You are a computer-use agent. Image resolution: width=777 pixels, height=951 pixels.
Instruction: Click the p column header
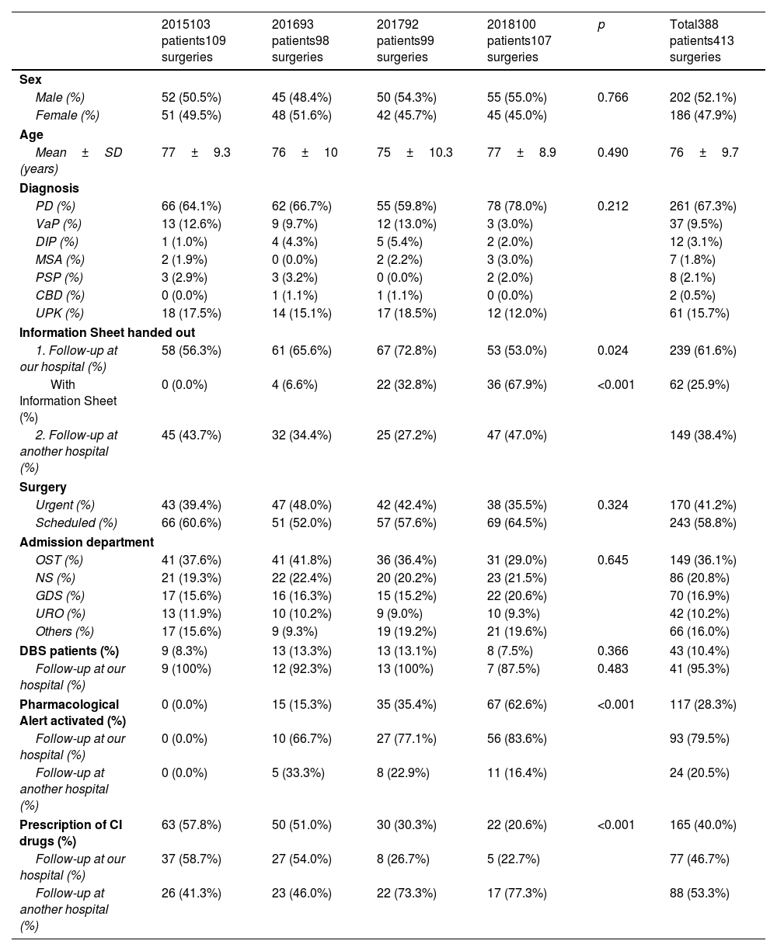601,26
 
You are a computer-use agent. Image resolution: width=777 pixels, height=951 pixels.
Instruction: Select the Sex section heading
30,79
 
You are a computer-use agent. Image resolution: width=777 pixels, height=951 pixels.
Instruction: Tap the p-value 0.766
613,97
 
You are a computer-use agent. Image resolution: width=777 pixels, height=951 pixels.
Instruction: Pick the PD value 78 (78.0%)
517,206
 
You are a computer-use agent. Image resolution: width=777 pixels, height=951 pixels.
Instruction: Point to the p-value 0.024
613,350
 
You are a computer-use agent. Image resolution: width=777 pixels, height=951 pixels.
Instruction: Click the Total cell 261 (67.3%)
702,206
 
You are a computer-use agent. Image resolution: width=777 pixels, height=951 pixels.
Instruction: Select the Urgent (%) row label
65,505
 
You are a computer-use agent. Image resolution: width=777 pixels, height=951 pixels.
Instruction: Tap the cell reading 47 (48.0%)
301,505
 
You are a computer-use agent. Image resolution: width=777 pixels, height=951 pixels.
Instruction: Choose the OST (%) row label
59,560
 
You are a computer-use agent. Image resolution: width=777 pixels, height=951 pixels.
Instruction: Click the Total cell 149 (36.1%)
702,560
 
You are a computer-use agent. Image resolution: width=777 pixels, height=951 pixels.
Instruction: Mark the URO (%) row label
60,613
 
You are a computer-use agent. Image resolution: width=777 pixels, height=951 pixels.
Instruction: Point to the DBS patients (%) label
69,651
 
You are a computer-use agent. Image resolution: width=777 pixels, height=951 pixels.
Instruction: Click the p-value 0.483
613,668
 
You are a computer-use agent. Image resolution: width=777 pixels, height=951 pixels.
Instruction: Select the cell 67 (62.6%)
517,704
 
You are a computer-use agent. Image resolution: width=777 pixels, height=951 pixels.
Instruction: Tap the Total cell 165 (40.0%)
702,824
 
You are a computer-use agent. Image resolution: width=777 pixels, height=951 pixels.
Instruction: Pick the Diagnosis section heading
49,188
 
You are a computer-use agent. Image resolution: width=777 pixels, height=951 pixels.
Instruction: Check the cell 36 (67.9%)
517,384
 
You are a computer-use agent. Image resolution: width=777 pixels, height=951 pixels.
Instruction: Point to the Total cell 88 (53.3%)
699,893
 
